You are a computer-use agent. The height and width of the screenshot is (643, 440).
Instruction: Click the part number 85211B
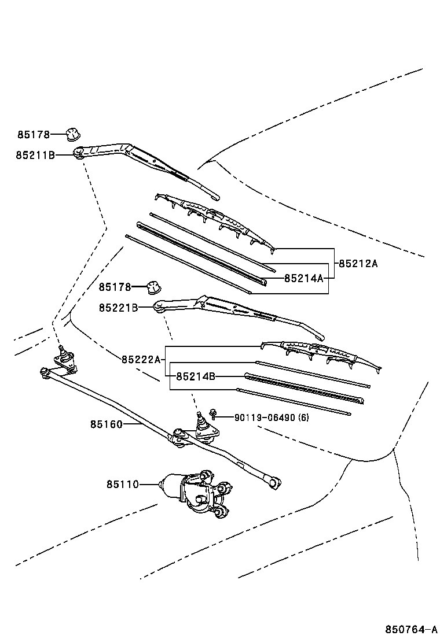point(35,154)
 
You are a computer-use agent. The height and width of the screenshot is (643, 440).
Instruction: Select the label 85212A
point(358,264)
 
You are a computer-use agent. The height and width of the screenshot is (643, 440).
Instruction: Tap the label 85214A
point(303,278)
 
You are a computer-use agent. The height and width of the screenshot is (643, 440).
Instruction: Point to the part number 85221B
point(118,308)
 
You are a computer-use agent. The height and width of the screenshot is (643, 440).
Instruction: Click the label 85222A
point(141,360)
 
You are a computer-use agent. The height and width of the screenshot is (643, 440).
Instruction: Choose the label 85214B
point(195,376)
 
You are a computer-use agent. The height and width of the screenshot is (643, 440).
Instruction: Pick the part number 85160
point(106,424)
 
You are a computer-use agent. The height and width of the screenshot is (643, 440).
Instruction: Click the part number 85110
point(122,484)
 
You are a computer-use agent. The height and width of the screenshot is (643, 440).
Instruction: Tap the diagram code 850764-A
point(410,629)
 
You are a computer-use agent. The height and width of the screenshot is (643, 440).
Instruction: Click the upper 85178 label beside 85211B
point(33,134)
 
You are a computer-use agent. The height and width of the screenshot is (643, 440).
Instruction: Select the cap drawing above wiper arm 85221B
point(153,286)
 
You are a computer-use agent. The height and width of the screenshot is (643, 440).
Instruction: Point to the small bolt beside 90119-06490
point(214,413)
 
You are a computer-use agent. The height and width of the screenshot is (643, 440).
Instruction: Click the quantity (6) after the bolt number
point(303,417)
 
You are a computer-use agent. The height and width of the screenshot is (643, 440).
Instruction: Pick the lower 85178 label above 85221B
point(115,287)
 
